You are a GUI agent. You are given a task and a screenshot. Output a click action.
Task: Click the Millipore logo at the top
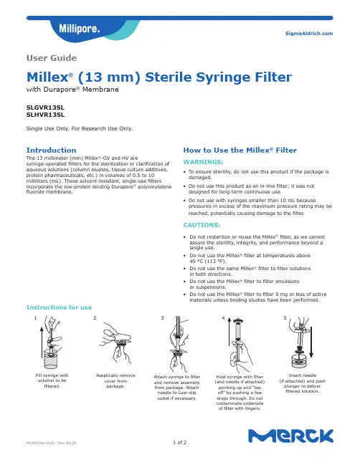tap(80, 29)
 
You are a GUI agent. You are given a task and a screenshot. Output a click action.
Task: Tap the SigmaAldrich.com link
tap(309, 34)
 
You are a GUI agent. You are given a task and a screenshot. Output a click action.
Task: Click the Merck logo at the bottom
tap(291, 436)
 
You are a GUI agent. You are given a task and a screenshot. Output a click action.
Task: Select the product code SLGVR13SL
tap(45, 107)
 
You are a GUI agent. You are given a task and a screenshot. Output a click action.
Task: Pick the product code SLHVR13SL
tap(45, 115)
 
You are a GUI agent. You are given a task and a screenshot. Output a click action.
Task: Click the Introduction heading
tap(51, 150)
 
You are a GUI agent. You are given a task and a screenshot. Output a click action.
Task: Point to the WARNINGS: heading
tap(203, 162)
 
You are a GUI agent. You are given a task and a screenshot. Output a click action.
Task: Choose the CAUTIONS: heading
tap(202, 225)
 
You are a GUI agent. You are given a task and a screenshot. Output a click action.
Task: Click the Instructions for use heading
tap(59, 307)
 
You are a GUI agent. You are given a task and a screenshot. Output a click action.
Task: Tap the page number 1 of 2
tap(180, 443)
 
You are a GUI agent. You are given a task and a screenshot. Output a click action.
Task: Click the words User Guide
tap(52, 58)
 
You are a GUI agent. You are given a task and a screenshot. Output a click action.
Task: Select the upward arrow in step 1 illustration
tap(42, 342)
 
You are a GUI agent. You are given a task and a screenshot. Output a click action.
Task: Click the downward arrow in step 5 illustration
tap(311, 342)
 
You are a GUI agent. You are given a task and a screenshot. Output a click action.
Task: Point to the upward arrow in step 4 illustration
tap(229, 332)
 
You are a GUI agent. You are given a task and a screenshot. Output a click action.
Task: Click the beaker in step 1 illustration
tap(52, 359)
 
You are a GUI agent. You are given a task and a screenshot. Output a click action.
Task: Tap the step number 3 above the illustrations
tap(162, 318)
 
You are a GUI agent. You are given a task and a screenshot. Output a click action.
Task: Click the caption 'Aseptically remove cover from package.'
tap(115, 380)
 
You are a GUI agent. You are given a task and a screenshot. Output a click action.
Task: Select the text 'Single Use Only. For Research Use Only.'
tap(80, 128)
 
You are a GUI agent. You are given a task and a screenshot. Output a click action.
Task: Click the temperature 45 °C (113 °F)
tap(208, 262)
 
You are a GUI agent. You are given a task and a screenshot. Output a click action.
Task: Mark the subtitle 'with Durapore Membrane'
tap(72, 90)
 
